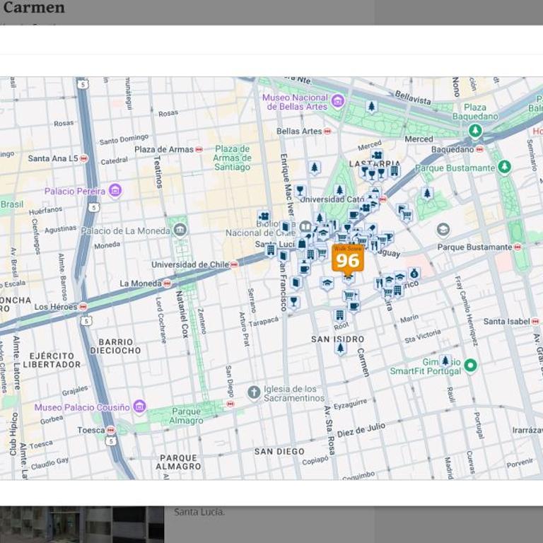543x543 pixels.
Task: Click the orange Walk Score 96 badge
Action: (347, 259)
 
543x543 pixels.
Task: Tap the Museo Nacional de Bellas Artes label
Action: (296, 102)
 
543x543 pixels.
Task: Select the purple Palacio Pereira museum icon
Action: (115, 190)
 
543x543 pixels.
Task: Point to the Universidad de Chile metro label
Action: (190, 264)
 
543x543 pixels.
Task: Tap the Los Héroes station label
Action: (56, 307)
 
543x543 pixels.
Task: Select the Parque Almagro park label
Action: (186, 416)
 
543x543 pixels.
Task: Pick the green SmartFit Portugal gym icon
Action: (470, 366)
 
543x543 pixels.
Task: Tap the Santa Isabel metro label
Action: (506, 321)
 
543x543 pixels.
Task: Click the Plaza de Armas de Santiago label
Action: (232, 158)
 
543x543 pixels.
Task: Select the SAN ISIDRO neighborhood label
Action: (338, 339)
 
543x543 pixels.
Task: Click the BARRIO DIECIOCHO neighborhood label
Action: (115, 346)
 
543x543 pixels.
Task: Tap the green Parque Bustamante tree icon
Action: (504, 168)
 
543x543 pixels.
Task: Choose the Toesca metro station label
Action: (91, 430)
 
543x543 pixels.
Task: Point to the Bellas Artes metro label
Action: (299, 131)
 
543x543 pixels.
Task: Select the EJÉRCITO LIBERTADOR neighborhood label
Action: (52, 360)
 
